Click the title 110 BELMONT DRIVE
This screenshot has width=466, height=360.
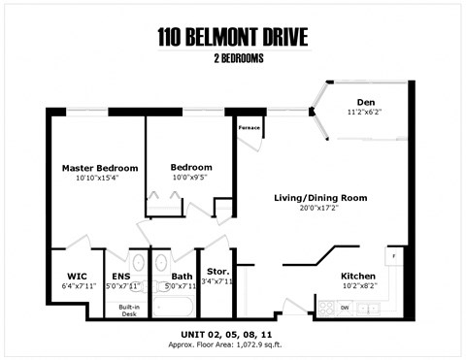[x=233, y=38]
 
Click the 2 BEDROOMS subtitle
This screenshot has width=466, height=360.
[x=233, y=59]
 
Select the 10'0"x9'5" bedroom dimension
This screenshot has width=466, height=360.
[x=190, y=178]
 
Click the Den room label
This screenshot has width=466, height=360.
[x=365, y=102]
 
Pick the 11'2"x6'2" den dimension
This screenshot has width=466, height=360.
[x=365, y=113]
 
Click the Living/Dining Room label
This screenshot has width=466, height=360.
[x=319, y=198]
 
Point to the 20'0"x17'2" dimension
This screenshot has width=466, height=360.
[x=319, y=209]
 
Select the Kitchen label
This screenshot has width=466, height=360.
[x=358, y=276]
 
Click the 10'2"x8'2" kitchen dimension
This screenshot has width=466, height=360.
[x=358, y=286]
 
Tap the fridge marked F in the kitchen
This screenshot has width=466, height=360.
[x=393, y=258]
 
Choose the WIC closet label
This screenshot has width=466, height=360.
[x=78, y=276]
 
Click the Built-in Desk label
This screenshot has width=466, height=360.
[x=128, y=311]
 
